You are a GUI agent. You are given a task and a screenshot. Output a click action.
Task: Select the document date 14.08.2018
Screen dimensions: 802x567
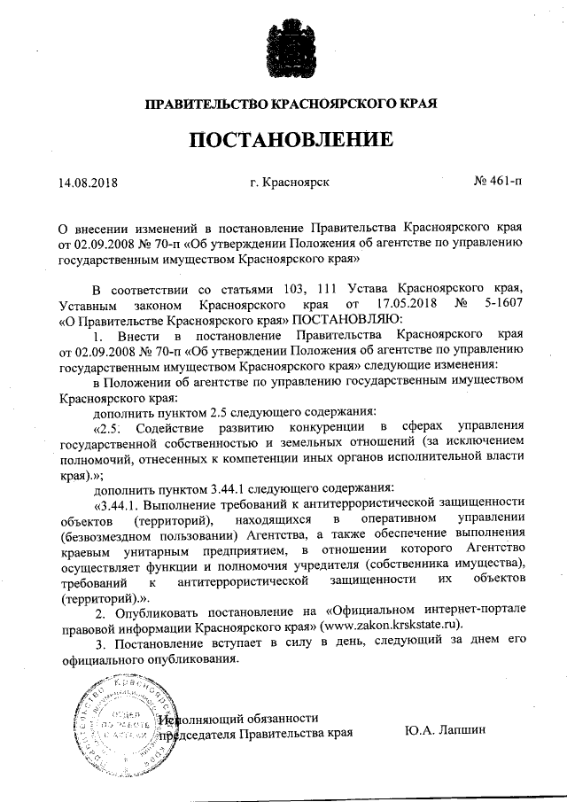coord(88,184)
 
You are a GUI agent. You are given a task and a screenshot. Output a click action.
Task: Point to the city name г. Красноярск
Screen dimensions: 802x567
coord(290,183)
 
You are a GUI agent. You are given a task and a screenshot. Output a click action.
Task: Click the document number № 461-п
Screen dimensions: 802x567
coord(498,183)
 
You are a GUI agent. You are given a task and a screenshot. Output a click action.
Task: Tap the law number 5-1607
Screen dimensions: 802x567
coord(501,304)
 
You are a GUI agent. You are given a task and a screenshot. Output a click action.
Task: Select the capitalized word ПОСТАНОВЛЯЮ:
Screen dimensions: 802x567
coord(348,319)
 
